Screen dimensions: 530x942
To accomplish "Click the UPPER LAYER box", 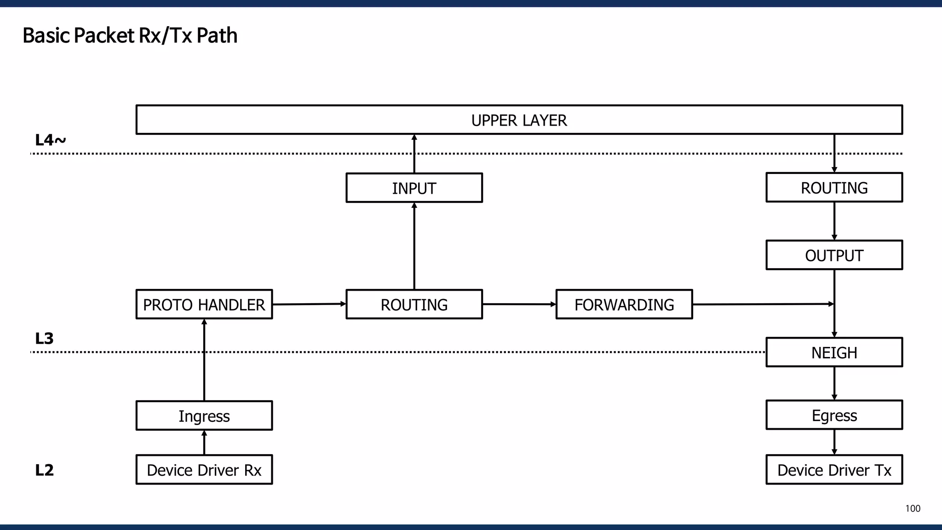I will (x=519, y=120).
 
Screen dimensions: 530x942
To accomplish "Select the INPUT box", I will (x=414, y=188).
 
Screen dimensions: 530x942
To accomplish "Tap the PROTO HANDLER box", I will (x=204, y=305).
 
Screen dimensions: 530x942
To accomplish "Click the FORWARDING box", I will (x=624, y=305).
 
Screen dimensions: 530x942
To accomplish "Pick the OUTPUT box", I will (x=834, y=255).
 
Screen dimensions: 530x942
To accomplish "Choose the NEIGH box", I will (x=834, y=352).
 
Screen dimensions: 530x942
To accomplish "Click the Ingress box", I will (x=204, y=416).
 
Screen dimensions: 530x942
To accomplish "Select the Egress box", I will (x=834, y=415).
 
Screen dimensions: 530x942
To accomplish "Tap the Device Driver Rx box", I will (x=204, y=470).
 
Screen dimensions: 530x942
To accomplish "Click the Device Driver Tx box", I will (x=834, y=470).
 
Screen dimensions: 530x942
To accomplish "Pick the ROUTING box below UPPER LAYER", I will (x=834, y=188).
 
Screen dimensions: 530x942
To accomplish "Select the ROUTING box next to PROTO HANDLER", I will (x=414, y=305).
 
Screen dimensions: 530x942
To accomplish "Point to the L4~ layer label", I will (x=50, y=140).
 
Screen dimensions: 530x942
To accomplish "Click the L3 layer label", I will (x=44, y=339).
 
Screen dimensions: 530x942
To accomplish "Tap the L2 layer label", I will (x=44, y=470).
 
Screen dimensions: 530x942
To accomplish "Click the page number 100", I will (x=913, y=508).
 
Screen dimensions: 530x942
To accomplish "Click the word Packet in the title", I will (x=104, y=35).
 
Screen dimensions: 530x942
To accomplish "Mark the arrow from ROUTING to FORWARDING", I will (x=519, y=304).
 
